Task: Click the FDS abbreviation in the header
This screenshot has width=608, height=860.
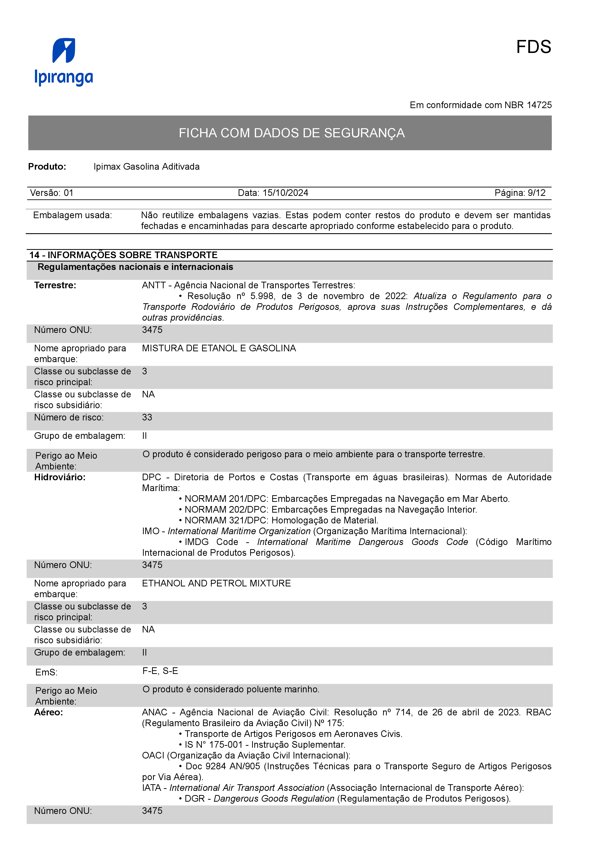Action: [533, 47]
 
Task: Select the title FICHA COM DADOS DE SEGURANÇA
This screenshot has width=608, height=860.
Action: [291, 133]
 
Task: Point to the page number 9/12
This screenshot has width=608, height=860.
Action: [536, 193]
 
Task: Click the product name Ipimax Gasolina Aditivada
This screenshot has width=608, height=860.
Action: [146, 167]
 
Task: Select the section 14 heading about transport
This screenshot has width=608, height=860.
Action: [123, 255]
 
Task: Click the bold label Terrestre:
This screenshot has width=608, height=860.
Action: [55, 285]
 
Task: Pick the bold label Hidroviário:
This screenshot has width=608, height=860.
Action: [60, 477]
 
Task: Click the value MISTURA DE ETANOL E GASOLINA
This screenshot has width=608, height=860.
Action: [219, 348]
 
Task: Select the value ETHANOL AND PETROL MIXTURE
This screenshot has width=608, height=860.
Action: [216, 583]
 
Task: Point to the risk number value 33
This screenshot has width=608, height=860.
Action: [147, 417]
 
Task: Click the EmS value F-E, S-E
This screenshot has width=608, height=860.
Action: [160, 671]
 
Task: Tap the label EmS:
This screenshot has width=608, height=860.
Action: [46, 672]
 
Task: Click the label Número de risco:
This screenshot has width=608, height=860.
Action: [69, 417]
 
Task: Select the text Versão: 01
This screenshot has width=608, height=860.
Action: [52, 193]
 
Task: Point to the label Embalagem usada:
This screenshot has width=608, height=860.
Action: [72, 215]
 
